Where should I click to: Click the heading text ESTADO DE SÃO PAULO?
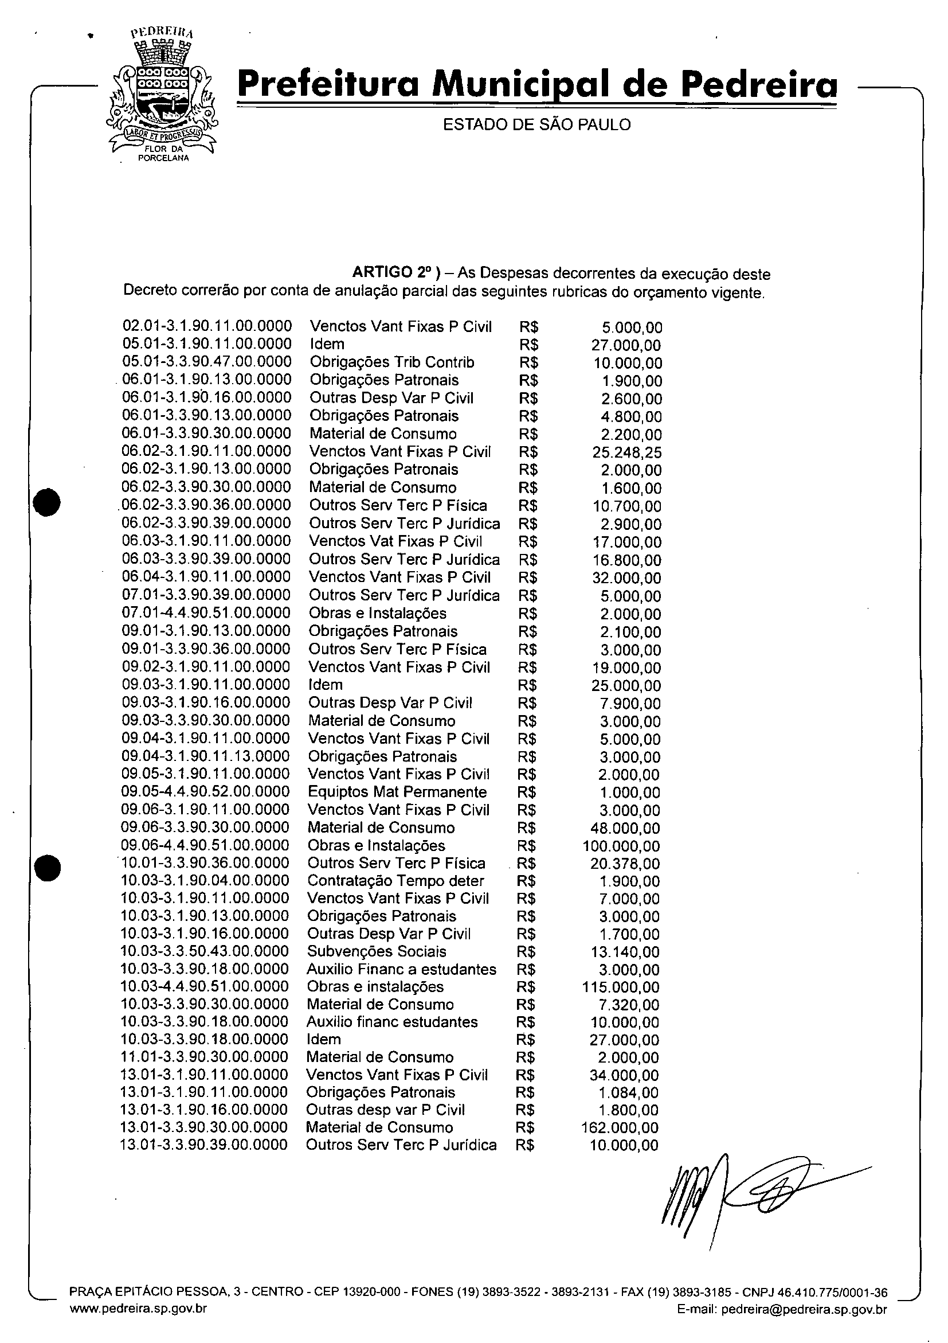536,124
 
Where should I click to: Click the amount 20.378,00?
626,864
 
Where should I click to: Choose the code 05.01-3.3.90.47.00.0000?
207,362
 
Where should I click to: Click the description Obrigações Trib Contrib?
391,362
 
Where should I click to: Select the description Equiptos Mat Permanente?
397,792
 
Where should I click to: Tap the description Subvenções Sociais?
377,952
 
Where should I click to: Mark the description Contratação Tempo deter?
395,881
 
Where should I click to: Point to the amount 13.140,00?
626,952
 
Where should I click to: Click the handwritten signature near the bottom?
742,1199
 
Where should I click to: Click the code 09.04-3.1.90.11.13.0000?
205,756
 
